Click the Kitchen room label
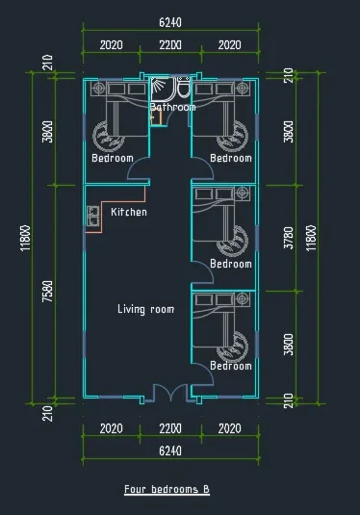click(129, 212)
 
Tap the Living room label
click(146, 309)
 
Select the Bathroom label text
click(172, 107)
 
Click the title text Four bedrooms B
click(167, 489)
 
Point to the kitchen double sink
click(93, 216)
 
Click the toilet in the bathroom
click(184, 87)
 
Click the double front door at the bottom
click(170, 392)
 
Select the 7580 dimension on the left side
click(47, 292)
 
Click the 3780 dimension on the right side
click(289, 238)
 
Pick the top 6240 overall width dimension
click(170, 22)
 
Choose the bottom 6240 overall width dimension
click(170, 451)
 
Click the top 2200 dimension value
click(170, 44)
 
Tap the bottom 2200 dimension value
click(170, 428)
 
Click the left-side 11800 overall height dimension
click(26, 238)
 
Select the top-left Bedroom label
click(113, 158)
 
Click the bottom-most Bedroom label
click(231, 366)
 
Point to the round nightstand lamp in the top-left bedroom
click(98, 89)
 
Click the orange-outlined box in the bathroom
click(156, 117)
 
